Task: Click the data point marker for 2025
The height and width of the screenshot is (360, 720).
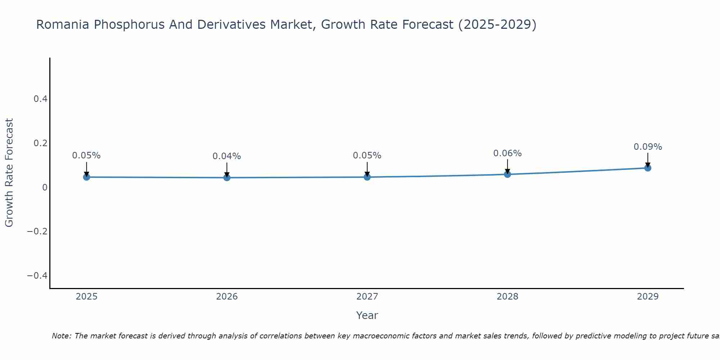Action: click(x=86, y=177)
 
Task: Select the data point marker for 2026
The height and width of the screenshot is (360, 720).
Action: click(x=227, y=177)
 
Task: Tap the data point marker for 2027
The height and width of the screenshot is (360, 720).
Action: click(x=367, y=177)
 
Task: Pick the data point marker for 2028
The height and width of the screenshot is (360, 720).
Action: click(x=507, y=174)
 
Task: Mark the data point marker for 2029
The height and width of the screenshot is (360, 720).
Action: click(x=648, y=168)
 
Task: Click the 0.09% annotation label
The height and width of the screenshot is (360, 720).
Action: click(x=648, y=147)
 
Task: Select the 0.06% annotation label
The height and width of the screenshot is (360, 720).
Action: click(x=507, y=153)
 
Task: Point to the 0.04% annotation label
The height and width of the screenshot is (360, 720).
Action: click(x=227, y=156)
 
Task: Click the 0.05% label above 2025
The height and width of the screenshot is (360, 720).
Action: click(x=86, y=156)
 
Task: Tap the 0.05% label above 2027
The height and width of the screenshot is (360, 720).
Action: click(x=367, y=156)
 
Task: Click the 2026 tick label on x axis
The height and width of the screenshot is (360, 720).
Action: click(x=227, y=297)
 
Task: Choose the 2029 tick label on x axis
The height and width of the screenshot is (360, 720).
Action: click(x=648, y=297)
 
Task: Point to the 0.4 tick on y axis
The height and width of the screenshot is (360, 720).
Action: click(x=41, y=99)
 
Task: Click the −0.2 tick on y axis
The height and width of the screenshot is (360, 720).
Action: click(x=37, y=231)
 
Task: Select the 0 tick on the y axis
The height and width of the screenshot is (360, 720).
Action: click(x=45, y=187)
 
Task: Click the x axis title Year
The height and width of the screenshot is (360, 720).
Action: click(x=367, y=315)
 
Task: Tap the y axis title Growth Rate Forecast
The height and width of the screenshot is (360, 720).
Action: click(x=9, y=173)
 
